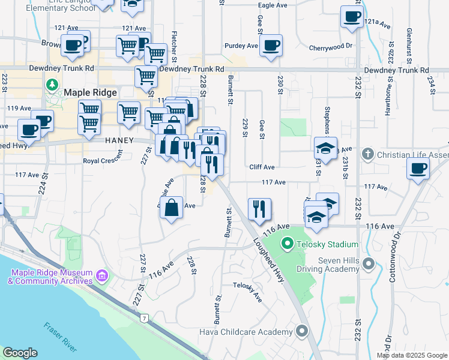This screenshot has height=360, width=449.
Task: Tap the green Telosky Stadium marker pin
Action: click(x=287, y=244)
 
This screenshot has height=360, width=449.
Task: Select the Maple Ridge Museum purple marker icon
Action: click(x=101, y=276)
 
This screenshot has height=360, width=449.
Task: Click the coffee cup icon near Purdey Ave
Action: click(x=271, y=45)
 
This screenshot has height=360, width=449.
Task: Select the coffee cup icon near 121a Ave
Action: click(x=352, y=16)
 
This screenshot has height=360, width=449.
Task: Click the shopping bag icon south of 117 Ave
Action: click(x=172, y=208)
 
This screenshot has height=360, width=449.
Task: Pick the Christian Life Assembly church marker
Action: click(x=367, y=155)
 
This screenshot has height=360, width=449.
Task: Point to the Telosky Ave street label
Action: click(x=248, y=292)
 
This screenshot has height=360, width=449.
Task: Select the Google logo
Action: click(x=20, y=353)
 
